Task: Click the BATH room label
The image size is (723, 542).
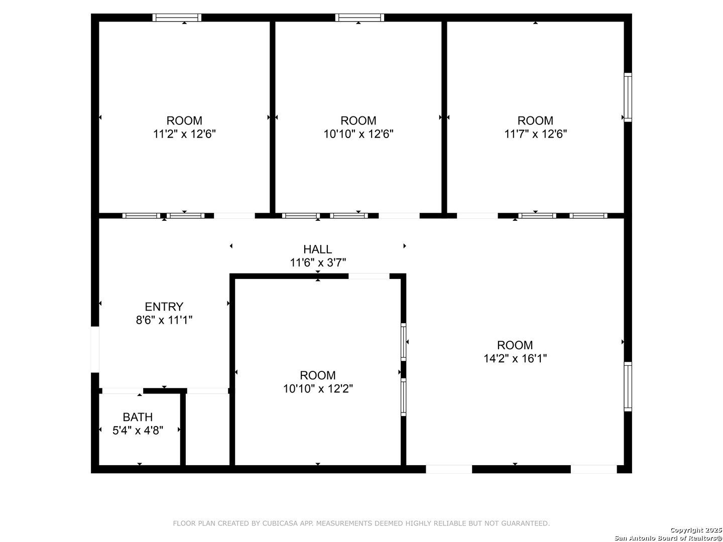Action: (x=138, y=417)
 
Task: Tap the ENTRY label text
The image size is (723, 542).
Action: (x=164, y=307)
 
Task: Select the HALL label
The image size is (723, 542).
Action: (x=317, y=249)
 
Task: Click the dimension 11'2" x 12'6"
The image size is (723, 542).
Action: (x=184, y=134)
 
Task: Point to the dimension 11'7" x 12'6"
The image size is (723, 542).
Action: (x=535, y=134)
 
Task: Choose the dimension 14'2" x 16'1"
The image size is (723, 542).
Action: (x=515, y=358)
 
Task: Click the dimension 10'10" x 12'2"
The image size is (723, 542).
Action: (x=318, y=388)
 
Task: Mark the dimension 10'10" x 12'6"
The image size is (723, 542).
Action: (x=358, y=134)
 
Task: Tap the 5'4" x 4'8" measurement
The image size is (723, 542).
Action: (x=138, y=430)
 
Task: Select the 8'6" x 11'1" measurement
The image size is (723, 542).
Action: (x=164, y=320)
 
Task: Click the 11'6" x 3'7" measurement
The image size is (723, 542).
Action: (x=317, y=262)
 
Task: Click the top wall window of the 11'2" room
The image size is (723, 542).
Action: (x=177, y=18)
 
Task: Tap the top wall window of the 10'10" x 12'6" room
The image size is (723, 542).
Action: (x=359, y=18)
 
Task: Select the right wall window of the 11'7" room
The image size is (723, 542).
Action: (x=628, y=97)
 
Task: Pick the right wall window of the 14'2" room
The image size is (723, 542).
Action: (x=628, y=386)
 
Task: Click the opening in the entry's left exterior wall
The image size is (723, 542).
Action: (x=95, y=350)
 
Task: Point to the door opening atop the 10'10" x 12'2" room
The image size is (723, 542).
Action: (x=369, y=276)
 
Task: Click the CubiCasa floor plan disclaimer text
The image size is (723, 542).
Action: (x=361, y=523)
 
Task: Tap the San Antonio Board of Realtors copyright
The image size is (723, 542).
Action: (x=668, y=534)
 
